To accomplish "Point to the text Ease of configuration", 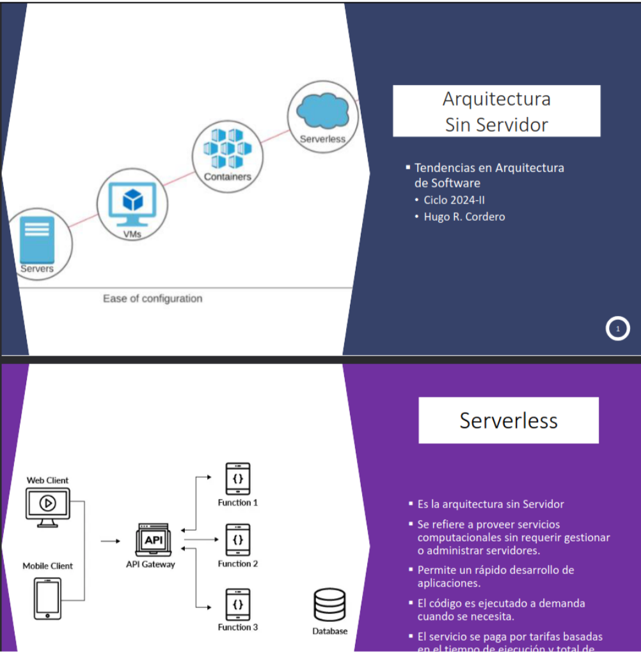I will click(x=152, y=299).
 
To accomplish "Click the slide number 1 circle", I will click(x=617, y=329).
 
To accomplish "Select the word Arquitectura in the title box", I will click(x=496, y=99).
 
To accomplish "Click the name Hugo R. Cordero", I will click(x=464, y=217).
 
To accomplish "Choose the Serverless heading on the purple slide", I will click(x=509, y=420).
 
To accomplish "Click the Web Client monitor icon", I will click(x=47, y=506).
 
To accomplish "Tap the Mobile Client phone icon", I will click(x=48, y=598).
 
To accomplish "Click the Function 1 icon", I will click(x=238, y=479).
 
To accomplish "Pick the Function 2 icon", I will click(x=238, y=540).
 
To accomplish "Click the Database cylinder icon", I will click(x=329, y=605).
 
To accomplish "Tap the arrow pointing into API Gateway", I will click(x=110, y=541).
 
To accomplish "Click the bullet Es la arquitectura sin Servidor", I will click(x=491, y=504).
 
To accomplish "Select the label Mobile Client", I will click(x=47, y=566).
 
